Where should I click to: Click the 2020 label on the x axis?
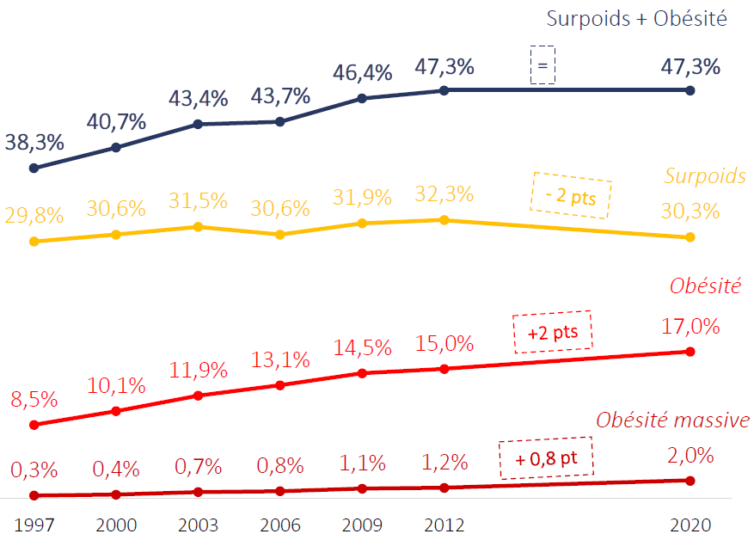[x=690, y=525]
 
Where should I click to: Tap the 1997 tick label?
[x=34, y=525]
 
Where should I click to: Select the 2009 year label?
[x=362, y=525]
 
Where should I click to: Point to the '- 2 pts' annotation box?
[x=571, y=197]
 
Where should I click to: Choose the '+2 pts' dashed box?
[x=552, y=330]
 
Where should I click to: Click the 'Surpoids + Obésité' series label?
[x=637, y=18]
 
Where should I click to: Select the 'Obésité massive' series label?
[x=671, y=420]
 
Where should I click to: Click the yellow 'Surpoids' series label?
[x=704, y=176]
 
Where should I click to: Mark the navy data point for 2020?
[x=690, y=89]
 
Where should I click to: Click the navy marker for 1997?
[x=34, y=168]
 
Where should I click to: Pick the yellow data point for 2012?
[x=444, y=220]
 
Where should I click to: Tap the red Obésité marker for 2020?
[x=690, y=351]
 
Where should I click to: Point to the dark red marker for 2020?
[x=690, y=480]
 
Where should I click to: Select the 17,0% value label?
[x=690, y=327]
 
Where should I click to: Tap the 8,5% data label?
[x=34, y=400]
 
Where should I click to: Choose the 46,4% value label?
[x=362, y=72]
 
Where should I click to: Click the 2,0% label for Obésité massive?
[x=690, y=456]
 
